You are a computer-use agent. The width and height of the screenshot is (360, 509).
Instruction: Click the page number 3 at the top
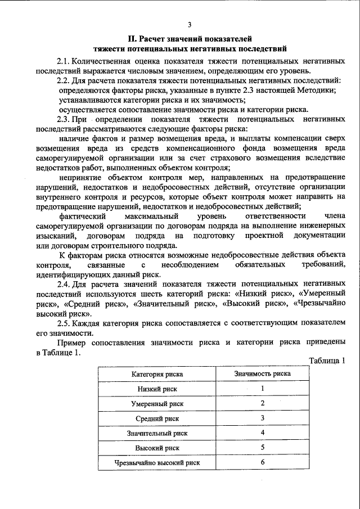(190, 25)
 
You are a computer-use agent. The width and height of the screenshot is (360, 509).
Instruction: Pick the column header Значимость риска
(262, 373)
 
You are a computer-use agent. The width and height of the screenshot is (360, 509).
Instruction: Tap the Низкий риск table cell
(157, 389)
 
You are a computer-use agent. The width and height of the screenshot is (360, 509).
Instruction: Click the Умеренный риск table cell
(157, 404)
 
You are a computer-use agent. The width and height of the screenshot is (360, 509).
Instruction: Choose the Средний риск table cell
(157, 419)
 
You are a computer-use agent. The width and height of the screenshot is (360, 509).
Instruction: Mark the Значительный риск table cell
(157, 434)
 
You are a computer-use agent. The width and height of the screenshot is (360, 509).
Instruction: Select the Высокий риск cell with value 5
(157, 448)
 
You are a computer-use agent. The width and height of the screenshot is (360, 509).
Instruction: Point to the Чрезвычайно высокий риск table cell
(157, 463)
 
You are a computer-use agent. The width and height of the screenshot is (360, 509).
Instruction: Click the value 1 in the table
(263, 389)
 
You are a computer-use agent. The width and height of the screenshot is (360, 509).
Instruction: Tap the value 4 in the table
(263, 433)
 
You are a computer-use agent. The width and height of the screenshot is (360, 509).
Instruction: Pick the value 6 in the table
(263, 462)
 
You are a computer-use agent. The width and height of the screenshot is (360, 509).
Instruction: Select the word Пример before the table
(73, 343)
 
